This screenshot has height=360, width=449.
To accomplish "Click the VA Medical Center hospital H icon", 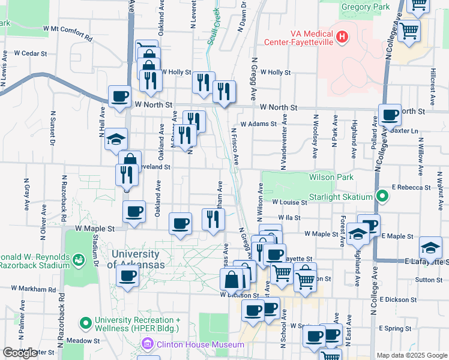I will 342,37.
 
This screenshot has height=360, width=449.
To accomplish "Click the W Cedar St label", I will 31,53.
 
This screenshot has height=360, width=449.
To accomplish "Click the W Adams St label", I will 258,125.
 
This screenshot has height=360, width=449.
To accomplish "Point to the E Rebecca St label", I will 411,187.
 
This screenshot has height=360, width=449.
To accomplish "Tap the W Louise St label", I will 289,203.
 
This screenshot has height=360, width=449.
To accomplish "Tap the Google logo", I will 20,353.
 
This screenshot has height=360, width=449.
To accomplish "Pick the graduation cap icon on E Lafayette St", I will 430,247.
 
